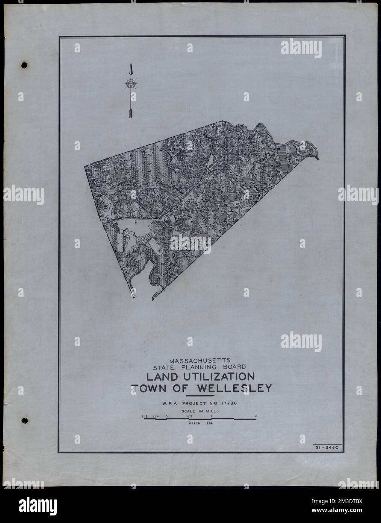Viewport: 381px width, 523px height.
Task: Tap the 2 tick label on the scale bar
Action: click(x=256, y=416)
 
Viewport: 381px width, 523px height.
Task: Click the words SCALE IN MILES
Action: click(x=200, y=412)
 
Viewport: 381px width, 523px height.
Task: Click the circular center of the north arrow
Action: click(x=131, y=84)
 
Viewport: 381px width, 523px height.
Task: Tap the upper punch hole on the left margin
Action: click(x=25, y=65)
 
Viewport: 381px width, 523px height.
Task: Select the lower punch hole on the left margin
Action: click(x=25, y=420)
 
